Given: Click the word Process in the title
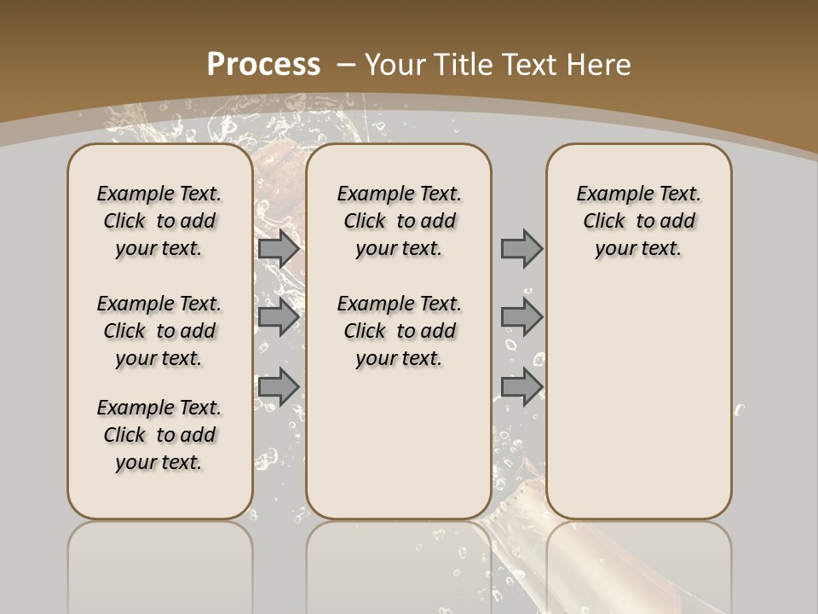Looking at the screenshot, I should (263, 64).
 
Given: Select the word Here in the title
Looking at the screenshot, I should (597, 64).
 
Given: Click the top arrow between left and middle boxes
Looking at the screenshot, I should (278, 249).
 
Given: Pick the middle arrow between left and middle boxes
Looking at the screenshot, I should (278, 317).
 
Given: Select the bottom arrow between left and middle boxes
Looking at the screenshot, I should (278, 386).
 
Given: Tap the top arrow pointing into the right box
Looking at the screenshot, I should (521, 249).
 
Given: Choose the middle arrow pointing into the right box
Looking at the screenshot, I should (521, 317).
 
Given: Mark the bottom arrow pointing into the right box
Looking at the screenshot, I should (521, 386).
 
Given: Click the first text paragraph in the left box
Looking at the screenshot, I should (159, 221).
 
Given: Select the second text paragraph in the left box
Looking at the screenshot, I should (159, 331).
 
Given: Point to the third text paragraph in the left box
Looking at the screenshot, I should (159, 435).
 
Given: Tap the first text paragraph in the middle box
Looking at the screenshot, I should (399, 221).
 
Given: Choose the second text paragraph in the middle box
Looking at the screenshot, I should (399, 331).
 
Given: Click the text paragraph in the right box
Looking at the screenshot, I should (639, 221).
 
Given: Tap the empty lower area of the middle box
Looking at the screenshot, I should (399, 443).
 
